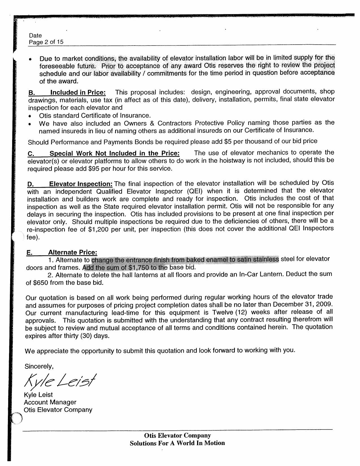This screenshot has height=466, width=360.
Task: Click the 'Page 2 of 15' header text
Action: tap(46, 42)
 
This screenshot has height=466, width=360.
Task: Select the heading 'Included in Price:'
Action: tap(78, 93)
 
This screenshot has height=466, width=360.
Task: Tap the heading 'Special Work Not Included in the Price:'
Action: tap(114, 153)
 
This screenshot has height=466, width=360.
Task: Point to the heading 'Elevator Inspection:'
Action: tap(81, 184)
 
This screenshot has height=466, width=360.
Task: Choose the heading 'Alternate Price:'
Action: tap(73, 252)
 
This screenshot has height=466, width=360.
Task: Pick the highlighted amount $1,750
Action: tap(138, 267)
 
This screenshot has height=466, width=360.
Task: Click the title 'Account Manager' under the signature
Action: tap(50, 402)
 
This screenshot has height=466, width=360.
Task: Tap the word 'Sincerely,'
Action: tap(39, 367)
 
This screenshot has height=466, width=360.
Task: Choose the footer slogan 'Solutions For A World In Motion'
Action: tap(177, 443)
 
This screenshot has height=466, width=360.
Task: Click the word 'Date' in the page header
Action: tap(35, 35)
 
